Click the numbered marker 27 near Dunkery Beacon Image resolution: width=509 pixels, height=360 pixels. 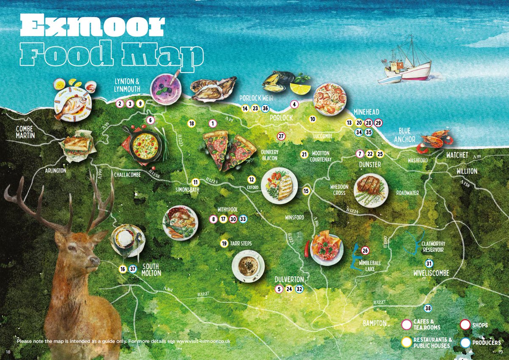pos(281,136)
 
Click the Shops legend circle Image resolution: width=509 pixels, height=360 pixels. pos(465,326)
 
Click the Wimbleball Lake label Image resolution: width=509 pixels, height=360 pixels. pos(370,266)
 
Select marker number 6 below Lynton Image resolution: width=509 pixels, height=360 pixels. pos(150,120)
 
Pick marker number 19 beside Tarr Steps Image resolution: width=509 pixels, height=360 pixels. pos(224,244)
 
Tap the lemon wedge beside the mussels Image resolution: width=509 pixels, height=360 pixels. pos(300,89)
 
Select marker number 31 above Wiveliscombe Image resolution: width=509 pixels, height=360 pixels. pos(429,263)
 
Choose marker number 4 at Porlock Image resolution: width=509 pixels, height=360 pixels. pos(294,104)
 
